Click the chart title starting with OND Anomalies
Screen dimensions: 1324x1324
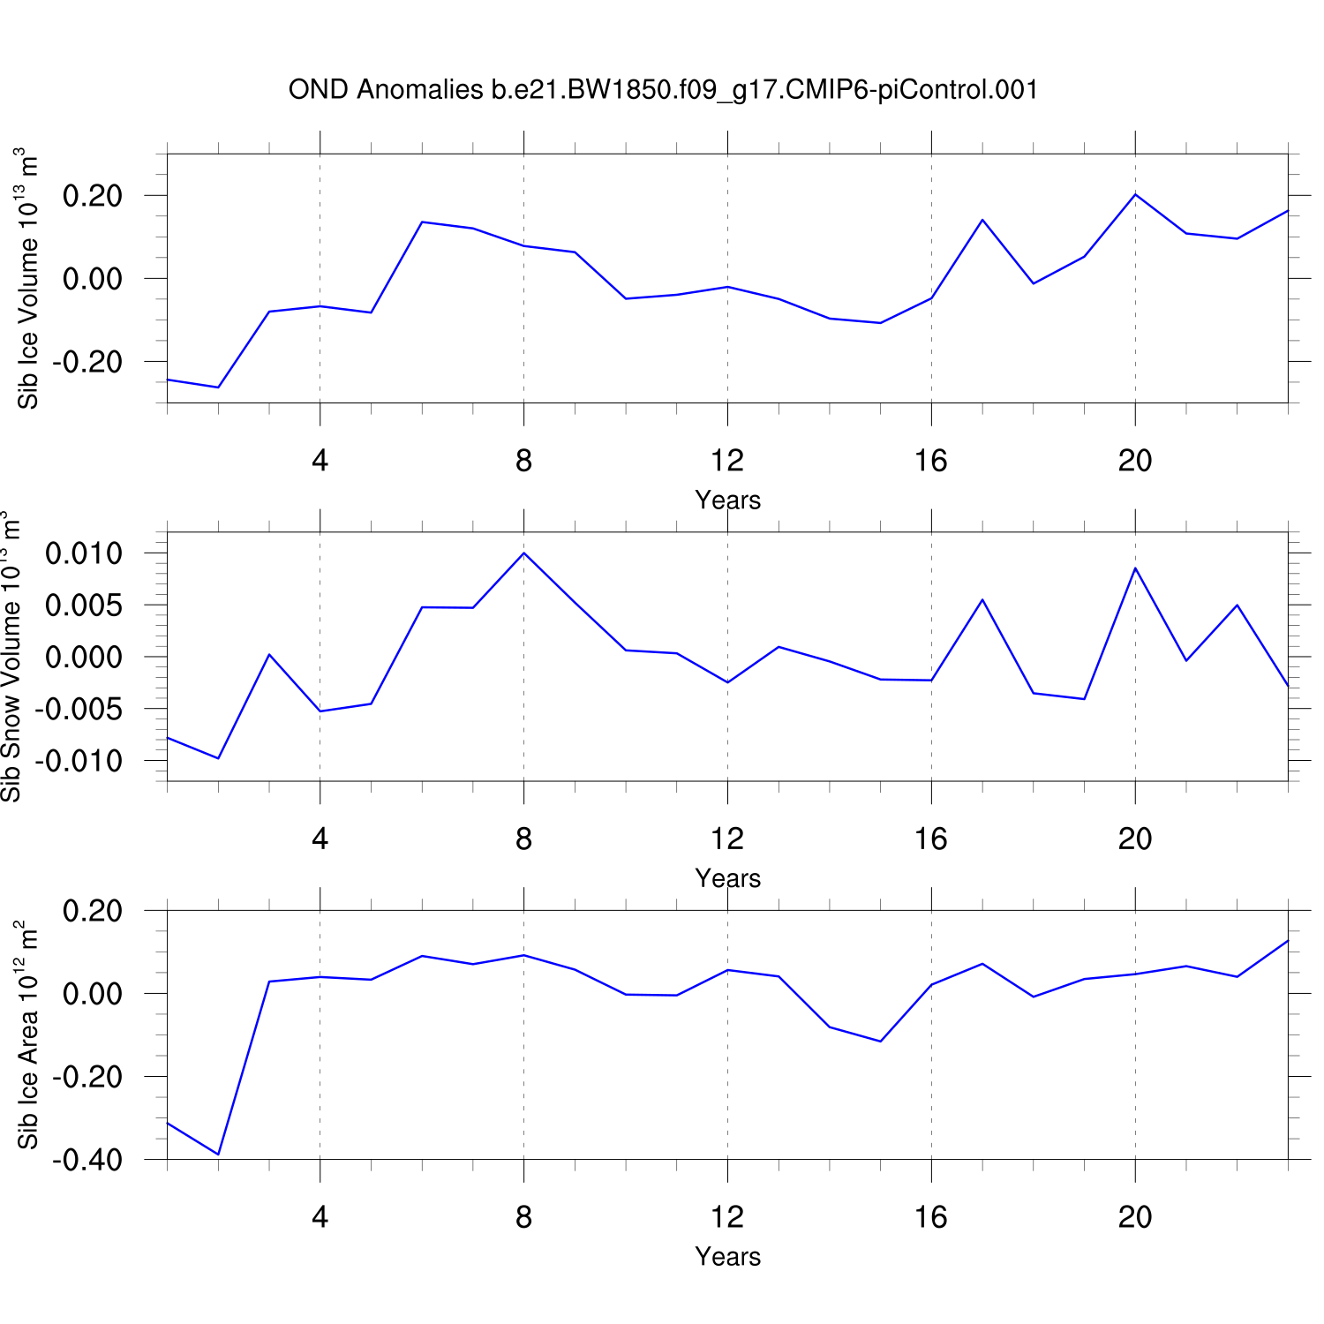[x=663, y=90]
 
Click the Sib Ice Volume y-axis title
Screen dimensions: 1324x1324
[x=28, y=279]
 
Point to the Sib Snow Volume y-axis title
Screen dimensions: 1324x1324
[x=11, y=657]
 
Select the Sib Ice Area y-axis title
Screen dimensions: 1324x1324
[x=28, y=1034]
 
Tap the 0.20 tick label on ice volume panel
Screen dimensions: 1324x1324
[x=92, y=196]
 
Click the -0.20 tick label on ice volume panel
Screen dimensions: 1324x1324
[x=87, y=362]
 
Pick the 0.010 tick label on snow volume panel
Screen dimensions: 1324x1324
[x=84, y=554]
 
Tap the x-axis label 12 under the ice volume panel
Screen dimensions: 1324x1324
[x=727, y=461]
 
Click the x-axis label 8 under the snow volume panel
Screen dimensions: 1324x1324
[x=523, y=839]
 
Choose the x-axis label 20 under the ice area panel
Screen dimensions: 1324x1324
[x=1134, y=1217]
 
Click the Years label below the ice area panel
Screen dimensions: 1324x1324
[x=727, y=1256]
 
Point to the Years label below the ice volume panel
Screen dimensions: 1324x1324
[x=727, y=500]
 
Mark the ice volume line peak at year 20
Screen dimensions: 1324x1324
[x=1135, y=194]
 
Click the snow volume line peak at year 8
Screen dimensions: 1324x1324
[x=524, y=553]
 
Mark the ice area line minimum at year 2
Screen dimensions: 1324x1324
[x=218, y=1154]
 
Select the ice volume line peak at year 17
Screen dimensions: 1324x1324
[x=982, y=220]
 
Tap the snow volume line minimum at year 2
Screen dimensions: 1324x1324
[x=218, y=758]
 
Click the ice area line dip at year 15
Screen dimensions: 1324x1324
[x=880, y=1042]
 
